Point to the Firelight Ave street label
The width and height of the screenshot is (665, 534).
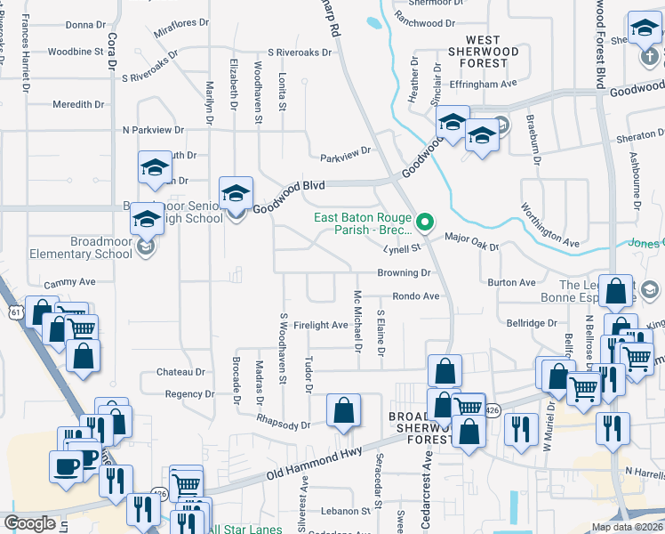tap(321, 325)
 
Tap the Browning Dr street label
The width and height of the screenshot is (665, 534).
tap(404, 272)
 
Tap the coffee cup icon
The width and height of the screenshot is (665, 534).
tap(66, 466)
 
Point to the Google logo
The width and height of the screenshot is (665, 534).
tap(29, 523)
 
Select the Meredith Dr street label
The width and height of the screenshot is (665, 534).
tap(78, 104)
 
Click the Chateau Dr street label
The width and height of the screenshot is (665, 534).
tap(180, 371)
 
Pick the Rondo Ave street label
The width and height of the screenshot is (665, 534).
tap(416, 295)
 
